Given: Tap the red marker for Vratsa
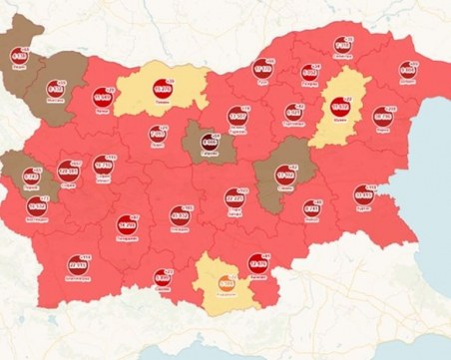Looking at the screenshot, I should [x=104, y=99].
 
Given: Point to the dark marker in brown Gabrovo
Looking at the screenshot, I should [x=209, y=142].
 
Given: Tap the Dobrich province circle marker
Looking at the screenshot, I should [x=407, y=71].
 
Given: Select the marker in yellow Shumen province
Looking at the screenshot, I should [x=338, y=108].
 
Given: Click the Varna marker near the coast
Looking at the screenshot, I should [x=383, y=117].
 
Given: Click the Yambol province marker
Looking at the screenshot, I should [x=312, y=209].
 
